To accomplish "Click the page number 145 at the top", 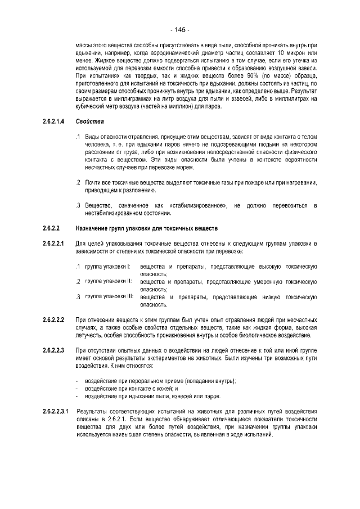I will pyautogui.click(x=179, y=30).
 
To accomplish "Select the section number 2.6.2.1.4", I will pyautogui.click(x=55, y=121).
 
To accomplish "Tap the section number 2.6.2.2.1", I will pyautogui.click(x=55, y=243).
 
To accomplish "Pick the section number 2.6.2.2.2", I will pyautogui.click(x=55, y=319).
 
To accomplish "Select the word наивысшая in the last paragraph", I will pyautogui.click(x=136, y=443).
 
